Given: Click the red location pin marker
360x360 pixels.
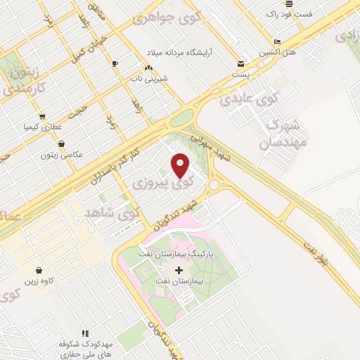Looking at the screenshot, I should coord(181,165).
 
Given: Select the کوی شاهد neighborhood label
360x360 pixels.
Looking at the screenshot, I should coord(112,210).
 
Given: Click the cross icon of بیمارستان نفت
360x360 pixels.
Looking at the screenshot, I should coord(179,270).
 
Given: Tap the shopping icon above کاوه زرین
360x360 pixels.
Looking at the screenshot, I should coord(38,270).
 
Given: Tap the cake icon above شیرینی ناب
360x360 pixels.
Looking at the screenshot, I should coord(148,67).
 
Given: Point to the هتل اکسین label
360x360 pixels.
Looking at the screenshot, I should coord(276,53).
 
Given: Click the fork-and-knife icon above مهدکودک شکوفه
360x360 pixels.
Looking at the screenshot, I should coord(84,333).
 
